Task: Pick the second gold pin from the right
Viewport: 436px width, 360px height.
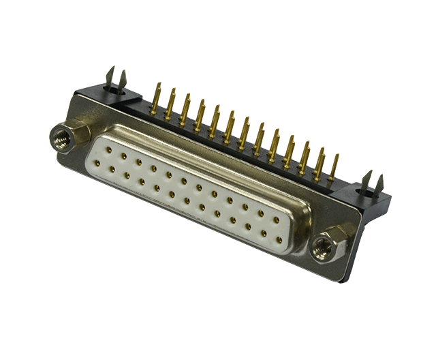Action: (320, 161)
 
